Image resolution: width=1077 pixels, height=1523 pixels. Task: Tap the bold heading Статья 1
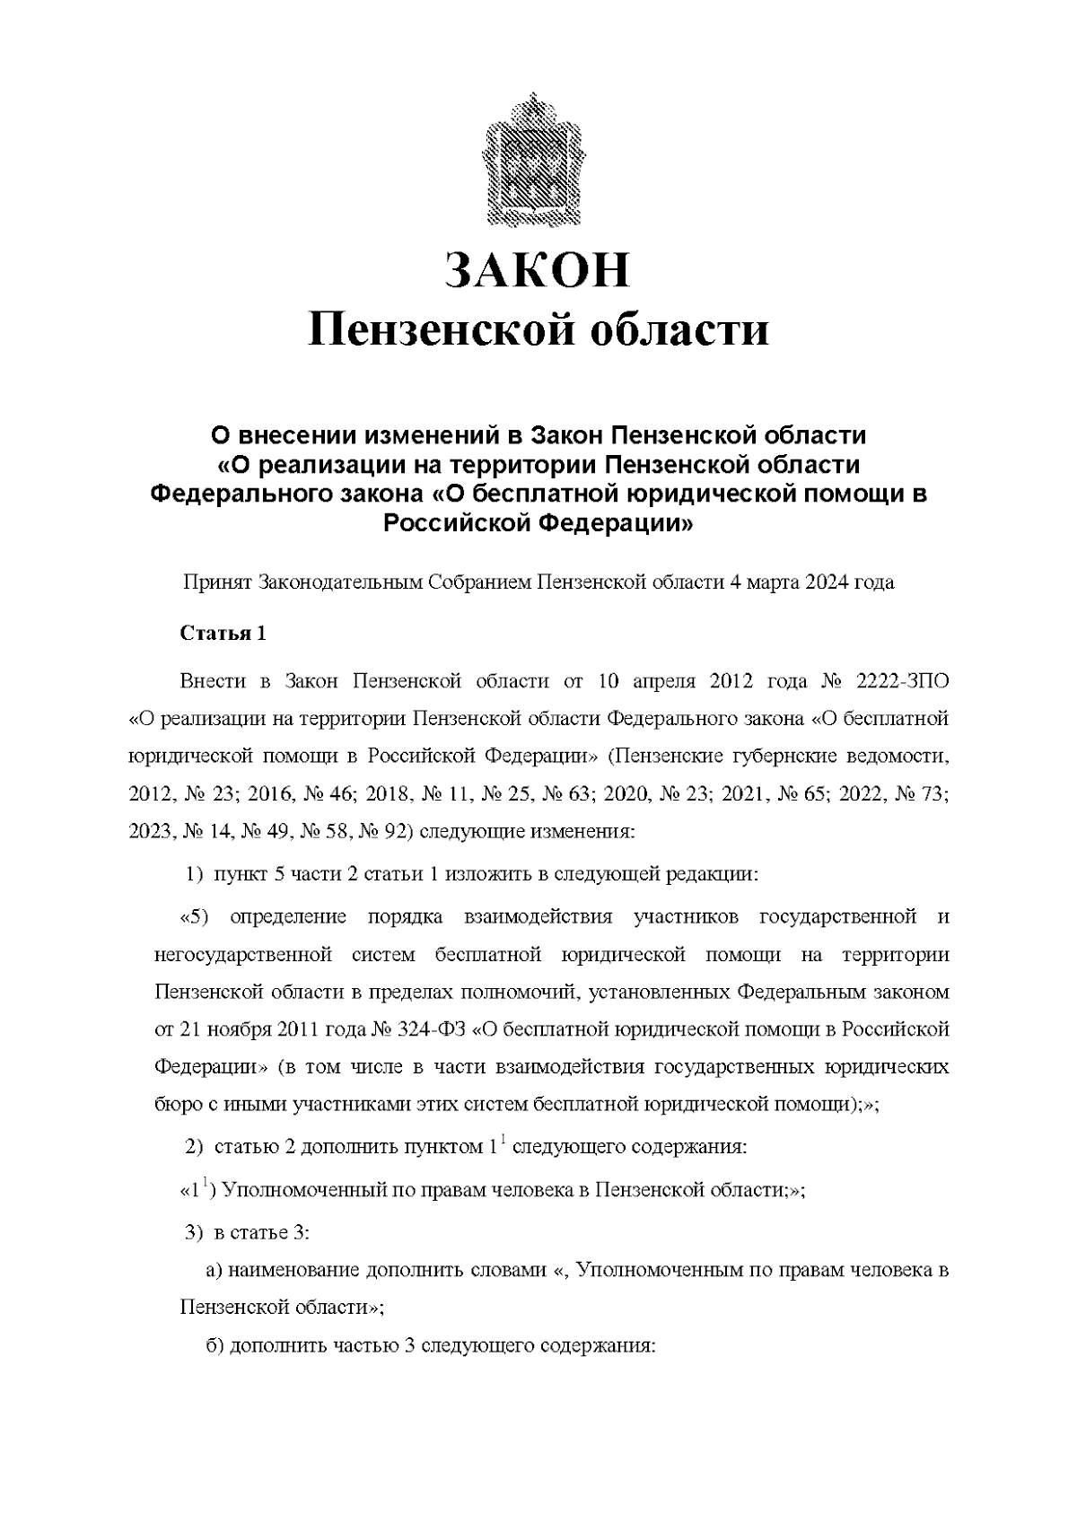[x=223, y=634]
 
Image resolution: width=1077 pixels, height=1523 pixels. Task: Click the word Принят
[x=217, y=582]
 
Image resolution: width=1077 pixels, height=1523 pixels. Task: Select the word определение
[x=287, y=916]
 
